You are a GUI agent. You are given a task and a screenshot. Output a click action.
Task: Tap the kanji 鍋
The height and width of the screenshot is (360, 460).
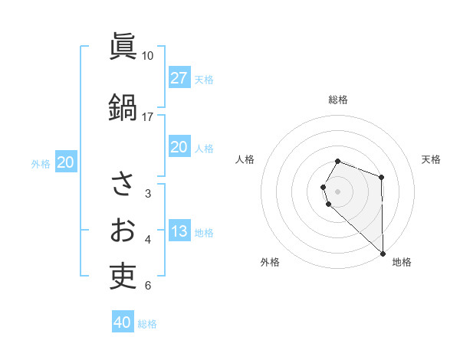tap(123, 106)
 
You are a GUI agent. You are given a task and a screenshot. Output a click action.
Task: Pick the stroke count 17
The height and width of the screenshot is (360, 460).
tap(148, 117)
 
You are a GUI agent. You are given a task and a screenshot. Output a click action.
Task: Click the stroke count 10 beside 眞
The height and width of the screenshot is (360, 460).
tap(148, 56)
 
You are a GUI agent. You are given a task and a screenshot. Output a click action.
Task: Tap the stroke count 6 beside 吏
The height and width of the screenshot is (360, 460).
tap(148, 286)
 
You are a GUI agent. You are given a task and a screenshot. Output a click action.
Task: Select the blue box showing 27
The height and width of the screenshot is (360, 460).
tap(179, 78)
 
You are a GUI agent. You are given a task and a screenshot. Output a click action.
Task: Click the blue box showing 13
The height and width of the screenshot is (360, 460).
tap(179, 231)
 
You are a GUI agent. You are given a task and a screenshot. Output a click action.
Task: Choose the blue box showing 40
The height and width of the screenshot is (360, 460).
tap(123, 322)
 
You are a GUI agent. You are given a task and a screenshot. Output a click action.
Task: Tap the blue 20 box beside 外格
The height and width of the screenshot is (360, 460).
tap(66, 162)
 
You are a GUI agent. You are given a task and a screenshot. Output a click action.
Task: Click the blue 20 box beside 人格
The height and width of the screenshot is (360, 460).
tap(179, 147)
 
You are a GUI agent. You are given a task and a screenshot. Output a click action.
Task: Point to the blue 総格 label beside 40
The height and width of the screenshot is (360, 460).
tap(147, 324)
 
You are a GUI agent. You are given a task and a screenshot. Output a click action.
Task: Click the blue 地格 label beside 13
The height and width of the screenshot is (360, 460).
tap(204, 232)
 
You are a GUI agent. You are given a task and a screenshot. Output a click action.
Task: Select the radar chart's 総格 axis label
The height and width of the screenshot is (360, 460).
tap(338, 100)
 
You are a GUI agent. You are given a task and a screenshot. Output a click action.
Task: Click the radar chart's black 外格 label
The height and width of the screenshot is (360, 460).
tap(270, 262)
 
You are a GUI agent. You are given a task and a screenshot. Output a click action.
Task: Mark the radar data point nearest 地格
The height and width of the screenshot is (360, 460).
tap(382, 252)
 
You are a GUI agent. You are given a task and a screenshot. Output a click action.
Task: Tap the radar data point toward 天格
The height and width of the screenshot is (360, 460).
tap(382, 178)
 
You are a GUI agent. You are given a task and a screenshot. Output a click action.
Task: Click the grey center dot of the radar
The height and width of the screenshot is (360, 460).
tap(338, 191)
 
